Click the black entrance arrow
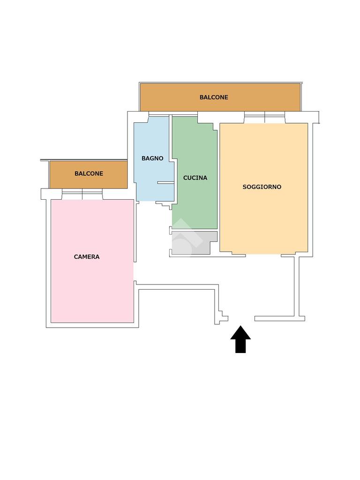240,339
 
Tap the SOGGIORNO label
262,187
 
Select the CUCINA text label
195,178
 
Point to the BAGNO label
152,158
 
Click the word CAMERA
87,256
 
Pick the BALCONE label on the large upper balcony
214,97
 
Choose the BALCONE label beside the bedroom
89,173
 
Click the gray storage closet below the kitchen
194,242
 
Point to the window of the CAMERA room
82,194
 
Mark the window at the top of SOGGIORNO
264,117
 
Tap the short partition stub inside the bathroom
165,182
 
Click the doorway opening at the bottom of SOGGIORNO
263,255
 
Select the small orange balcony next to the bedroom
89,174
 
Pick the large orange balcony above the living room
220,97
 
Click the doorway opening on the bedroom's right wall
135,271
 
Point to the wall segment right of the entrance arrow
280,318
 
